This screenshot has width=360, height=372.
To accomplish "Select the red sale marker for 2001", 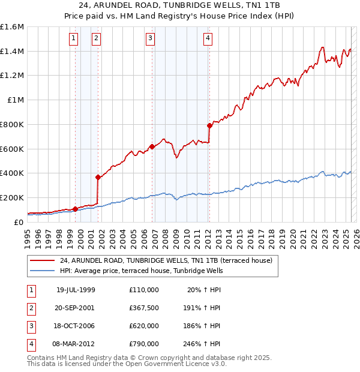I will click(97, 177).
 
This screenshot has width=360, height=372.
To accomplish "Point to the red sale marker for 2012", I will click(209, 125).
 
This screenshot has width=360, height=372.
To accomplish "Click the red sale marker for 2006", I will click(152, 146).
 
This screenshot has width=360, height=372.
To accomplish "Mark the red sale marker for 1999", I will click(75, 209).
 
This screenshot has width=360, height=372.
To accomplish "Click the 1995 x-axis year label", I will click(28, 233).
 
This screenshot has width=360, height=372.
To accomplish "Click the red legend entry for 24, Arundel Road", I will click(166, 260).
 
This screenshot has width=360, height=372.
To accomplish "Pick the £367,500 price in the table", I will click(144, 308).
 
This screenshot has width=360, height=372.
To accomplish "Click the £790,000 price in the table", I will click(144, 344).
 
